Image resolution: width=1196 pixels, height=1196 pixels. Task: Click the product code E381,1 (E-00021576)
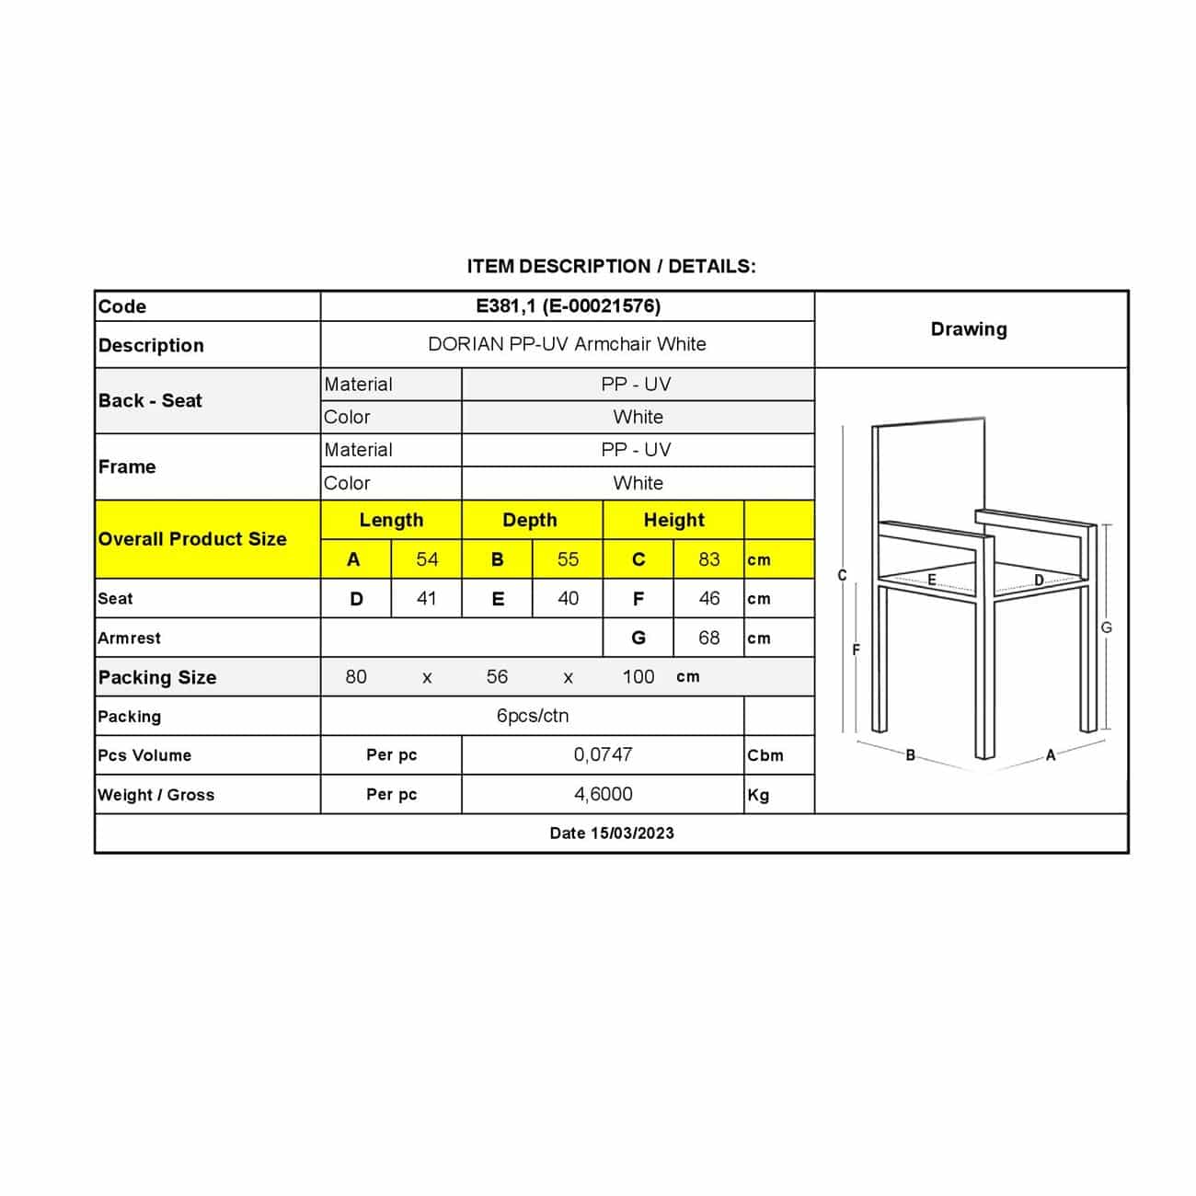568,306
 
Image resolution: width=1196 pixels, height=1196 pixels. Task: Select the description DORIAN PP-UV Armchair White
567,344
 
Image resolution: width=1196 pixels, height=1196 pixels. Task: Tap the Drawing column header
969,329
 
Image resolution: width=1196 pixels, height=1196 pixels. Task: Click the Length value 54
427,559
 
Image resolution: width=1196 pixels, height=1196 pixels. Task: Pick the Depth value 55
568,559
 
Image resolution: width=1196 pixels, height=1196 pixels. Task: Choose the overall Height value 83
708,559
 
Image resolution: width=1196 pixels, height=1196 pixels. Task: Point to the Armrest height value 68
708,638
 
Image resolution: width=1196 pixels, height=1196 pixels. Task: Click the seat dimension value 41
426,599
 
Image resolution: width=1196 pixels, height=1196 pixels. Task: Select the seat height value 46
708,599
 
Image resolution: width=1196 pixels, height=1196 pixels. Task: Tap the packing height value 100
638,677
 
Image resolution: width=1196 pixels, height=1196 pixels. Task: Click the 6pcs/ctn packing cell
532,716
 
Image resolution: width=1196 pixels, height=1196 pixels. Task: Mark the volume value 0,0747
603,754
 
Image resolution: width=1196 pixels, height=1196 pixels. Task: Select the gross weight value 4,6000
603,794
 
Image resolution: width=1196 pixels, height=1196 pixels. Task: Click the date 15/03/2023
612,834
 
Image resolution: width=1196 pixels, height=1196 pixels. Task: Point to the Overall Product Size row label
192,539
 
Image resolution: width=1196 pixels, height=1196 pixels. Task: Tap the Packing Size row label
157,678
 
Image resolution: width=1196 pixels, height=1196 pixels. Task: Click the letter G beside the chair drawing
1106,627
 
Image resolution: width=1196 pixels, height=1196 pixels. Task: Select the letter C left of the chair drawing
842,576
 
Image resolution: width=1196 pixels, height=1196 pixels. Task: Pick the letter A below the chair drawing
1051,755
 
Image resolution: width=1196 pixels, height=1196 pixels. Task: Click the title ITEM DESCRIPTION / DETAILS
611,267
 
